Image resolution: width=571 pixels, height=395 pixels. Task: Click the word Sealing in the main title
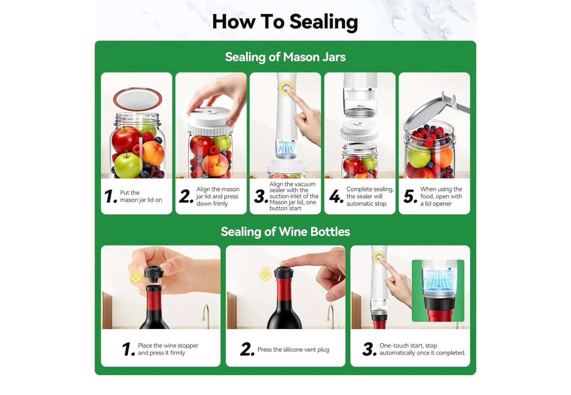click(x=324, y=22)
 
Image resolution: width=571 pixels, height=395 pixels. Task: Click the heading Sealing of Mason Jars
click(x=285, y=57)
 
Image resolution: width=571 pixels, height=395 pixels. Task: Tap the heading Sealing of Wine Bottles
click(x=285, y=232)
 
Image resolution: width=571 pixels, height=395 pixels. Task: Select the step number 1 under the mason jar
click(x=110, y=196)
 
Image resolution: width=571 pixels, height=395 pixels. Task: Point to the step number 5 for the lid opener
click(x=410, y=196)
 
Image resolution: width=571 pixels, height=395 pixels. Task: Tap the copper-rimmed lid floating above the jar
click(x=138, y=99)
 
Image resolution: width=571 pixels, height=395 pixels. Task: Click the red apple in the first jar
click(x=125, y=139)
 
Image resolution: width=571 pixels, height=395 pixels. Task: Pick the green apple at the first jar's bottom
click(x=128, y=165)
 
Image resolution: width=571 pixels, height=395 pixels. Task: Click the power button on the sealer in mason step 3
click(x=286, y=88)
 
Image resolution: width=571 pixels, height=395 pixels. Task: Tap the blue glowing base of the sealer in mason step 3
click(x=286, y=150)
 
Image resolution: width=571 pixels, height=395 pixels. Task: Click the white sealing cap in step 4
click(x=359, y=131)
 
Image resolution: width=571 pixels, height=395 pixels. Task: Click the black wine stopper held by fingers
click(x=154, y=274)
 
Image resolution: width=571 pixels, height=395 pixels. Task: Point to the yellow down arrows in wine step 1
click(x=135, y=276)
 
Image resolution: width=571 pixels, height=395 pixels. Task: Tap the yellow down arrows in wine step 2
click(x=266, y=274)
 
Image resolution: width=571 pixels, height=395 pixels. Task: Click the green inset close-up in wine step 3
click(x=438, y=290)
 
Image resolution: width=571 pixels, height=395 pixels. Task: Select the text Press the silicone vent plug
click(x=293, y=350)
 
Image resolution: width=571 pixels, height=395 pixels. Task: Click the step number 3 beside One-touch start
click(x=369, y=349)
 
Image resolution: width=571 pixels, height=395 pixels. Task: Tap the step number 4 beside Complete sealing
click(x=336, y=196)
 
